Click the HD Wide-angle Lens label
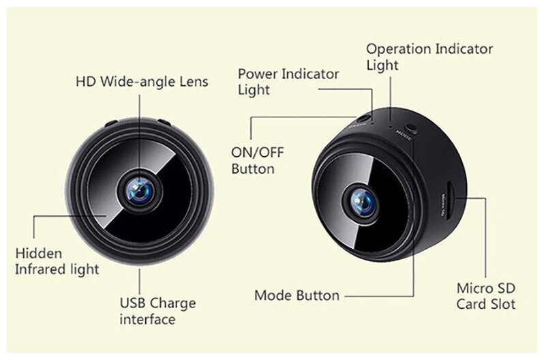click(142, 82)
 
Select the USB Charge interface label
click(157, 311)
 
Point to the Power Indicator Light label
click(288, 82)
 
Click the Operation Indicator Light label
click(429, 57)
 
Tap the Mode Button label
click(296, 296)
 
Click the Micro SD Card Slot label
click(485, 296)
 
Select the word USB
click(133, 303)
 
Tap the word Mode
click(271, 296)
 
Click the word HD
click(85, 82)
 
